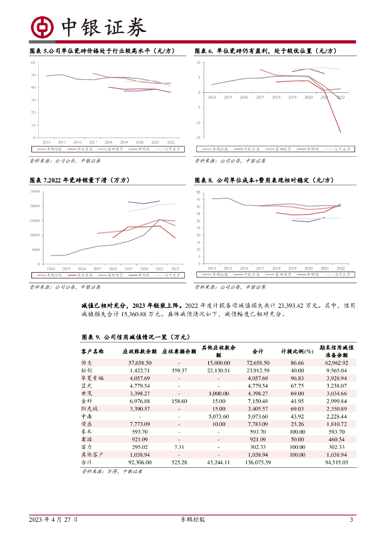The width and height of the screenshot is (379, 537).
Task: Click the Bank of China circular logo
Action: click(42, 27)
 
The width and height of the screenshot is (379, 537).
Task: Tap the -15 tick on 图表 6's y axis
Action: click(198, 137)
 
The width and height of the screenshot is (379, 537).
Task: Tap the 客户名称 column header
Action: click(93, 351)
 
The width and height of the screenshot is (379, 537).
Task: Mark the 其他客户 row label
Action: click(92, 455)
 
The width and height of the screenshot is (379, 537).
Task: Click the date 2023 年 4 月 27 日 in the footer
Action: click(53, 520)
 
